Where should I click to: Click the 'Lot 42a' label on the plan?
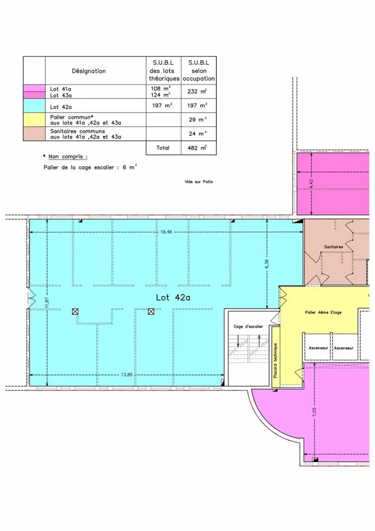pos(173,297)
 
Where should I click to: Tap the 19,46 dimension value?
pos(166,232)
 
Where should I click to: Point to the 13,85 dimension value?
pos(127,374)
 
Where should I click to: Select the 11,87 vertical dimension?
pos(47,302)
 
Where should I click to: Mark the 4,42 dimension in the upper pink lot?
pos(312,184)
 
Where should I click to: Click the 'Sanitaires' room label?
pos(334,247)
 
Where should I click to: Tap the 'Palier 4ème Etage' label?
pos(323,313)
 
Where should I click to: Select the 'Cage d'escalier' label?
pos(248,327)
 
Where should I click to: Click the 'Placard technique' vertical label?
pos(275,360)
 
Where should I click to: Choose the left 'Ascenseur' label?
pos(318,348)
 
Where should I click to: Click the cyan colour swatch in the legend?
pos(34,106)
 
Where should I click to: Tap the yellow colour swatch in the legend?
pos(34,120)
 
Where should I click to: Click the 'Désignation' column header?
pos(89,71)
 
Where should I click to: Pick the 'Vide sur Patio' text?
pos(199,182)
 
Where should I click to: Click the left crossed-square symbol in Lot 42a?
pos(75,312)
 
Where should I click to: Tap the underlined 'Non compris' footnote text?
pos(68,157)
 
